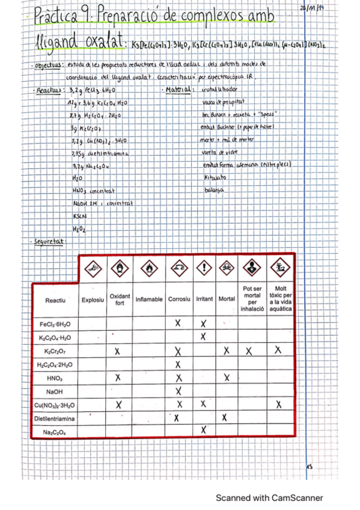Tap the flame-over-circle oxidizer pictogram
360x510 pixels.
[119, 267]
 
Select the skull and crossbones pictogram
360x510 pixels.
[227, 267]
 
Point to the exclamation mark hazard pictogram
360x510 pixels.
[204, 267]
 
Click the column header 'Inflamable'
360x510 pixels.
[149, 299]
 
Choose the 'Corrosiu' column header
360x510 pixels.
[180, 299]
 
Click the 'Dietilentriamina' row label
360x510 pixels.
[54, 417]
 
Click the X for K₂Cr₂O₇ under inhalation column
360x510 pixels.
[249, 350]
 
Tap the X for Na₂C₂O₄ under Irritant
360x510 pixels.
[204, 429]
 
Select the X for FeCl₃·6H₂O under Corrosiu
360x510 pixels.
[178, 324]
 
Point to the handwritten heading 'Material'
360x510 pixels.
[178, 90]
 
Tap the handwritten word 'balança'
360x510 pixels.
[213, 189]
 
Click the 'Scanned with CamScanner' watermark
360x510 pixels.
[269, 497]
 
